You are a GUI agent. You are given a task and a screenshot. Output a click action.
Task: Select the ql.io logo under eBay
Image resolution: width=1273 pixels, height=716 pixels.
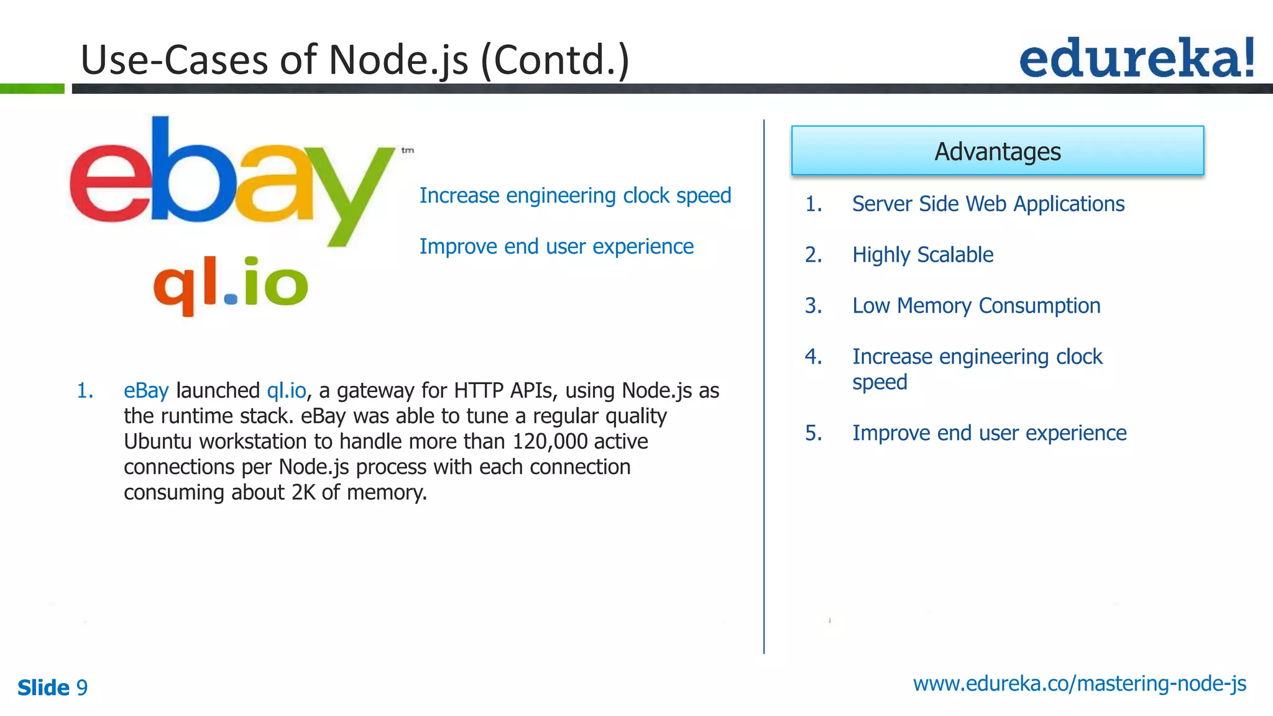pos(231,285)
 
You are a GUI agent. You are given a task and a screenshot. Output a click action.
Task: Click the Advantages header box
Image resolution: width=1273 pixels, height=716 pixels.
pos(997,151)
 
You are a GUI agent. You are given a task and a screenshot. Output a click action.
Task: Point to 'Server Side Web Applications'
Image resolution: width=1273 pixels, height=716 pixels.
pos(988,204)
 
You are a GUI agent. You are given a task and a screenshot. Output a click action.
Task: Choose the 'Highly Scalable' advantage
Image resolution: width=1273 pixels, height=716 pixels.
pos(922,255)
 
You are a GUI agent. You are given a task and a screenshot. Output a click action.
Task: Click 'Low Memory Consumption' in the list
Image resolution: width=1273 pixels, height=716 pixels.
pos(976,306)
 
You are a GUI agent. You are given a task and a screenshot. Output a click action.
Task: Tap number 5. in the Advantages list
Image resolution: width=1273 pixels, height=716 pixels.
pos(813,433)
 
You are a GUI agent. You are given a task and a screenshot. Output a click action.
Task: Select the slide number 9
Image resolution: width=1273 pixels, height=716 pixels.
pos(82,687)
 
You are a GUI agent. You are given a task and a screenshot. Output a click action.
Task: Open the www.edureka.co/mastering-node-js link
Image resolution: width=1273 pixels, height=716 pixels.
pos(1079,684)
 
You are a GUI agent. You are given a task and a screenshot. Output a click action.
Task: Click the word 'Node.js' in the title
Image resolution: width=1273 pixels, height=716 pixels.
pos(398,60)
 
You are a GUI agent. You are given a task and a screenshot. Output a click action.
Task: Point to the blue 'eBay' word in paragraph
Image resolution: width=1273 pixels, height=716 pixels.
pos(146,390)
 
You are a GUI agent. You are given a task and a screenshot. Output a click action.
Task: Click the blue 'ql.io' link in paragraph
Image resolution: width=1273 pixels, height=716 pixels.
pos(287,390)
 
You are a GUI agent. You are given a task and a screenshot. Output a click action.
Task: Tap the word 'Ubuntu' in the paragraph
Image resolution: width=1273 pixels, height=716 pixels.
pos(158,441)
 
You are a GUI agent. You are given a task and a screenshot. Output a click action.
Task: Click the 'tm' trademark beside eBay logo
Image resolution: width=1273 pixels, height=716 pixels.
pos(408,150)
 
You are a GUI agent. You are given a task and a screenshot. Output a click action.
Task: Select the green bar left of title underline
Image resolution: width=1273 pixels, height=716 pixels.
pos(32,89)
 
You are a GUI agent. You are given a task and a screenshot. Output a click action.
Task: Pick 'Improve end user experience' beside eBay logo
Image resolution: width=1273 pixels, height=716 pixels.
pos(556,247)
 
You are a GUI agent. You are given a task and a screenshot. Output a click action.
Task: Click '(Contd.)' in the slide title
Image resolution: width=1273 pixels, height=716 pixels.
pos(555,60)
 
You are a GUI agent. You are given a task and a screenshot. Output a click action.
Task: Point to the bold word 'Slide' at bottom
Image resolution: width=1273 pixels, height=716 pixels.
pos(44,687)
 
